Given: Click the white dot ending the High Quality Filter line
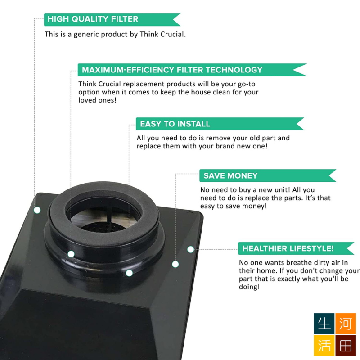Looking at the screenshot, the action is coord(37,210).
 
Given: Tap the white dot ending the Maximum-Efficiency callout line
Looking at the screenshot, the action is coord(71,254).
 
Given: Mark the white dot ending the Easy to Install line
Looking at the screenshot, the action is coord(129,273).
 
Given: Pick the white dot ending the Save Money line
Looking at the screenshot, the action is coord(175,264).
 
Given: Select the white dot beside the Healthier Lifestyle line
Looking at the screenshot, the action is coord(190,249).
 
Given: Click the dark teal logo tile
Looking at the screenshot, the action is coord(324,324).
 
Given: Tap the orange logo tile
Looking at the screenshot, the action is coord(346,324).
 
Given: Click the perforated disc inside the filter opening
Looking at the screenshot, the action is coord(101,227).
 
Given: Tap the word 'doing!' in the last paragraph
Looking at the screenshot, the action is coord(249,287).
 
